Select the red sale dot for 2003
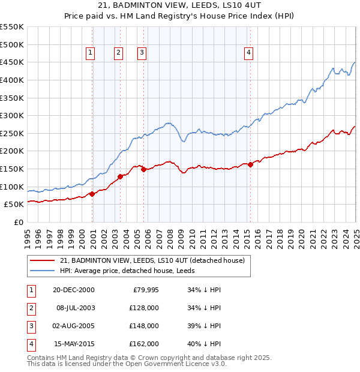[120, 176]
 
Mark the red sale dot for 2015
[250, 165]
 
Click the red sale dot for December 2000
[92, 194]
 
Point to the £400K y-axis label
[11, 80]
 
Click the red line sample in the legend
[42, 261]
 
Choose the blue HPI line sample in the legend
[42, 271]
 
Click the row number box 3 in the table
[31, 326]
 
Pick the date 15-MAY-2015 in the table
[73, 344]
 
